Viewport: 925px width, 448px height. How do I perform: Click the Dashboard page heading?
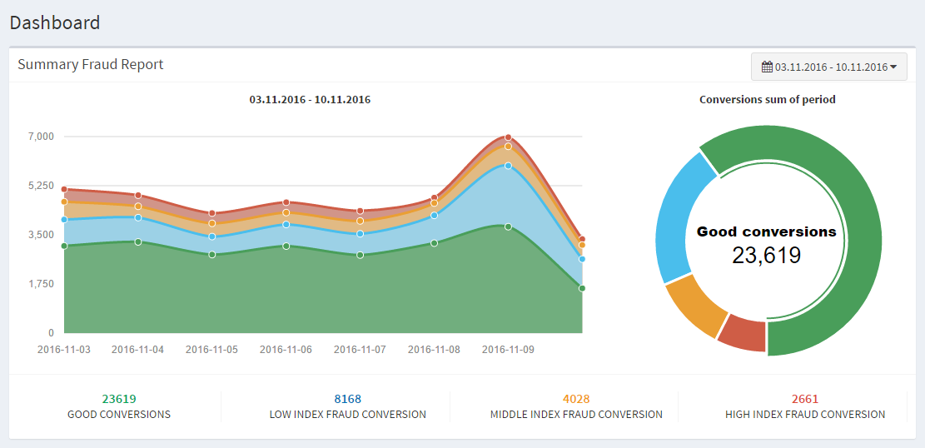55,22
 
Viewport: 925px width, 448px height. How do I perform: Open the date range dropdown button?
828,67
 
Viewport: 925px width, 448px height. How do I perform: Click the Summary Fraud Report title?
91,64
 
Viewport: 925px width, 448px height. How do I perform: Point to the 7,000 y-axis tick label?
40,137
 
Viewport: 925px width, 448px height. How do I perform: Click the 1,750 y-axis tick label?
40,284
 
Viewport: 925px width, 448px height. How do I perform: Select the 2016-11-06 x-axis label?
286,350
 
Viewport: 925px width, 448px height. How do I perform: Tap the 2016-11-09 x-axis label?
508,350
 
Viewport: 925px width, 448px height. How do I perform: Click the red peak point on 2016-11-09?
508,137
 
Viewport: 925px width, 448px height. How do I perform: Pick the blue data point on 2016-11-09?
508,166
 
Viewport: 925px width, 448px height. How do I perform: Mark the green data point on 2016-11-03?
64,246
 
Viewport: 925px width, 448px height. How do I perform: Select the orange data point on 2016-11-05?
212,223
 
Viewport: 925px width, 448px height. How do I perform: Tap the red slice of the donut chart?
742,333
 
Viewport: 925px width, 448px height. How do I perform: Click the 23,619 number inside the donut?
766,256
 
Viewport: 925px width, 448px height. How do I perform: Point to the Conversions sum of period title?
767,99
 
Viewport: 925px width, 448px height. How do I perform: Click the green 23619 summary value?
119,399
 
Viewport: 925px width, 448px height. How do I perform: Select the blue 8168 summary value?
347,399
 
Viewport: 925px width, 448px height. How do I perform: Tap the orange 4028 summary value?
576,399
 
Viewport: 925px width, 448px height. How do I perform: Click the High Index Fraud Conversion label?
804,414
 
